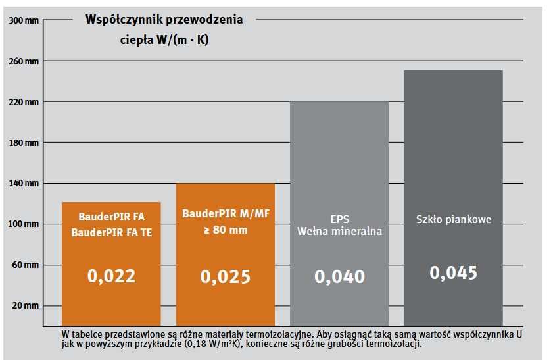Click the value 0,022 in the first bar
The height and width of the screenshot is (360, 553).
pyautogui.click(x=111, y=275)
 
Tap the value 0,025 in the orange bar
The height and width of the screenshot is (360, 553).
pyautogui.click(x=226, y=276)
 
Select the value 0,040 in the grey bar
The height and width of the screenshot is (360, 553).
pyautogui.click(x=339, y=276)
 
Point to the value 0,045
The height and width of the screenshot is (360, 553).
pyautogui.click(x=454, y=272)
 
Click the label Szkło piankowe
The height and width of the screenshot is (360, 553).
pyautogui.click(x=454, y=219)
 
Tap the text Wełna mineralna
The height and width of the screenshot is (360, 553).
pyautogui.click(x=339, y=231)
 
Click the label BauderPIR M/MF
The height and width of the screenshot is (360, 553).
pyautogui.click(x=225, y=214)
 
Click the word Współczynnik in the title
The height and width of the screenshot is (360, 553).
pyautogui.click(x=124, y=20)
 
